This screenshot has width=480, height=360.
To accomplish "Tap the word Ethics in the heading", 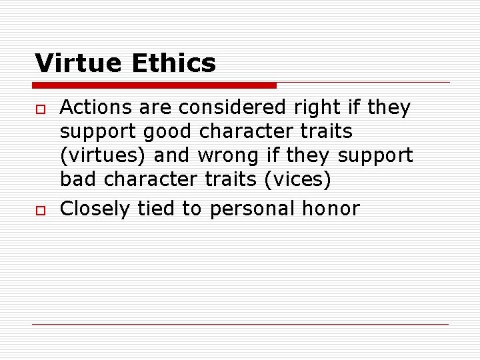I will (174, 64).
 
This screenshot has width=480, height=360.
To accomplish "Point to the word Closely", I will (96, 209).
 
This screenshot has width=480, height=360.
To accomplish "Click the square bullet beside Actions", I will (39, 109).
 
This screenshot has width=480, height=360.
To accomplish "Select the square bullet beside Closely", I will (39, 211).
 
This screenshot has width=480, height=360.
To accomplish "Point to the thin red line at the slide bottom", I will (240, 324).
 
